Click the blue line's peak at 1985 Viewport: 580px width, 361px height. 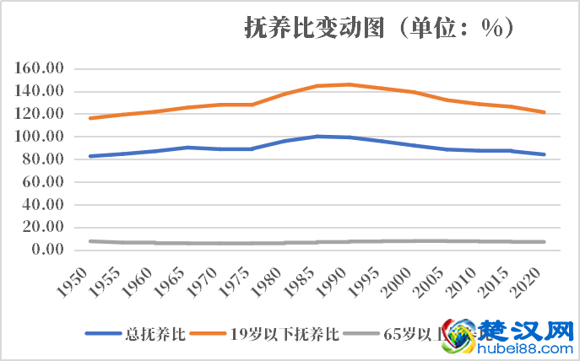(317, 136)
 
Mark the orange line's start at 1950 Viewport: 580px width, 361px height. (89, 118)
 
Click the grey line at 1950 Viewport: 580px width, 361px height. (89, 241)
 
